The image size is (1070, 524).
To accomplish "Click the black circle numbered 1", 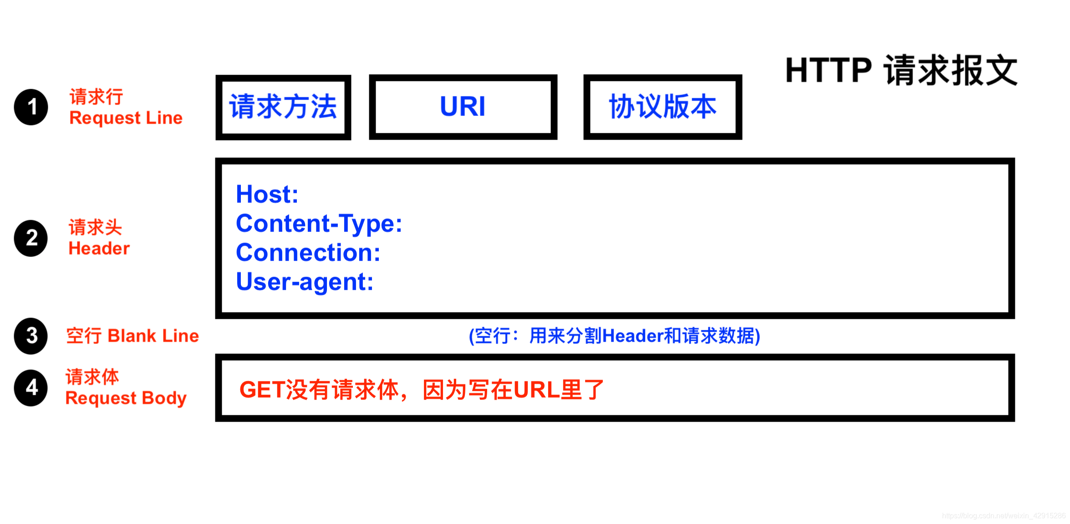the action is [x=31, y=107].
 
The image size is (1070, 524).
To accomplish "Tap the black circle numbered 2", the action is [x=31, y=238].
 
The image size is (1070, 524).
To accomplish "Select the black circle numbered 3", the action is [x=31, y=336].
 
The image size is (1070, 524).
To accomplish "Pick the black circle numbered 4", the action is [x=31, y=388].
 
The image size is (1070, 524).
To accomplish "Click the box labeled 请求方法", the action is [x=283, y=107].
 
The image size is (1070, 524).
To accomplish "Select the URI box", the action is [x=463, y=107].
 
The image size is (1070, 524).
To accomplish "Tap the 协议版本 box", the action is [x=662, y=107].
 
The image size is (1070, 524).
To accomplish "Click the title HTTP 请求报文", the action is [x=901, y=71].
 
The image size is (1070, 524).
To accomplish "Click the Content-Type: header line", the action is [x=319, y=223].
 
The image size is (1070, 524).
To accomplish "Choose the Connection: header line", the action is [x=308, y=252].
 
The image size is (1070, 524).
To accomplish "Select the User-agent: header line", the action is [x=305, y=282].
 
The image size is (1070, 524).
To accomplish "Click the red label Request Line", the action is [x=126, y=118].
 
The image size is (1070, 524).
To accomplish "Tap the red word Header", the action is [x=99, y=248].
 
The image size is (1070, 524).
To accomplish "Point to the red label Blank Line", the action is [x=153, y=336].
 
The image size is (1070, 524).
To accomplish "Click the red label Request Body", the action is [x=126, y=398].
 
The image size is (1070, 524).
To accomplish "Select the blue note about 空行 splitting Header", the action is [x=614, y=336].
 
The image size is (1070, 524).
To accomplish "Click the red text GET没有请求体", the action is [x=421, y=390].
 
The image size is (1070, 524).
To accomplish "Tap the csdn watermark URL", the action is [x=1004, y=515].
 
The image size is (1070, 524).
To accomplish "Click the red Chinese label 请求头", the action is [x=95, y=227].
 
